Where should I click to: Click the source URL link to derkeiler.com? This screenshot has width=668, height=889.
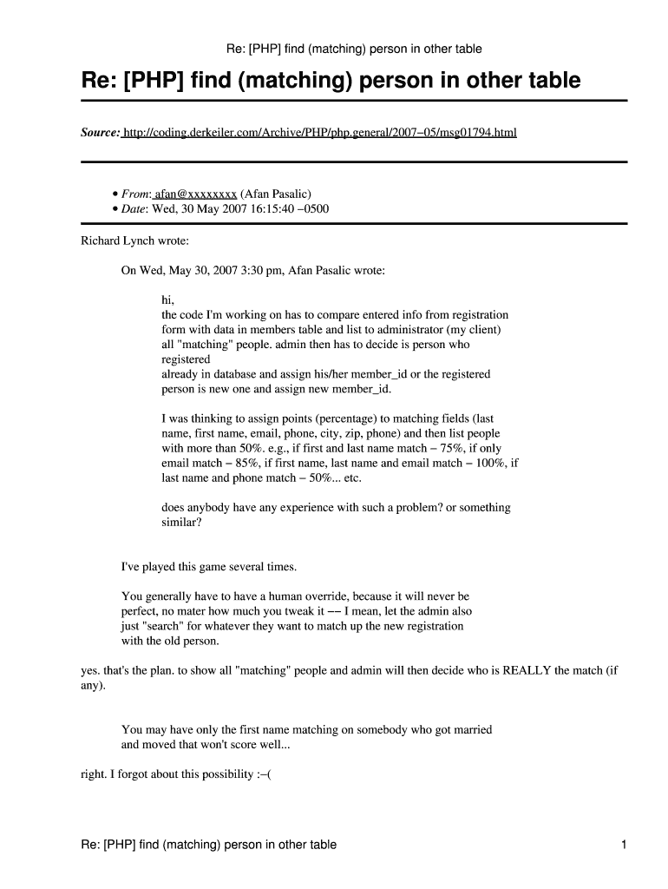(319, 133)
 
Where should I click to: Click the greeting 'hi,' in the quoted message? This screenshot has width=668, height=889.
(168, 300)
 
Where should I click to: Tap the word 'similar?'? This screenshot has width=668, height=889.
(187, 523)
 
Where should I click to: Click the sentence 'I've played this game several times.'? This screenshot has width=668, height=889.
(208, 567)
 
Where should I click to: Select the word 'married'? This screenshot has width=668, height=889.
(470, 730)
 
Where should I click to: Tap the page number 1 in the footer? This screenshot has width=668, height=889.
(623, 845)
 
